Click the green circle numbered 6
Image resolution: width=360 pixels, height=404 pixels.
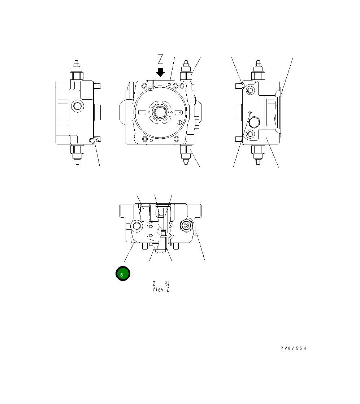123,274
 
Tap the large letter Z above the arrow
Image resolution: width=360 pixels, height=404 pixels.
161,59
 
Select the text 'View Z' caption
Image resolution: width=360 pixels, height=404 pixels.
161,290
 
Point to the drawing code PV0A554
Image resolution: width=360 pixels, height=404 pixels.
293,348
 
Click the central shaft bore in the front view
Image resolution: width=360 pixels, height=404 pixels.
159,112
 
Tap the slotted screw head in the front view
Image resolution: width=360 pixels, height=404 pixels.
180,122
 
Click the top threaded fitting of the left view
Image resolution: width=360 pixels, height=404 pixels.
77,72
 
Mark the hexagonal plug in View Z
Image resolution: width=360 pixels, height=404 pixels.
186,226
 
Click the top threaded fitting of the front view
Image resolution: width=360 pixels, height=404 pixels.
186,72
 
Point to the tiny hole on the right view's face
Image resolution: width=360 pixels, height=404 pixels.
250,112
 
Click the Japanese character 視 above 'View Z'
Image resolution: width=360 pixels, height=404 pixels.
167,283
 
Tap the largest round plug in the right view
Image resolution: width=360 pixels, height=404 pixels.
255,123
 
